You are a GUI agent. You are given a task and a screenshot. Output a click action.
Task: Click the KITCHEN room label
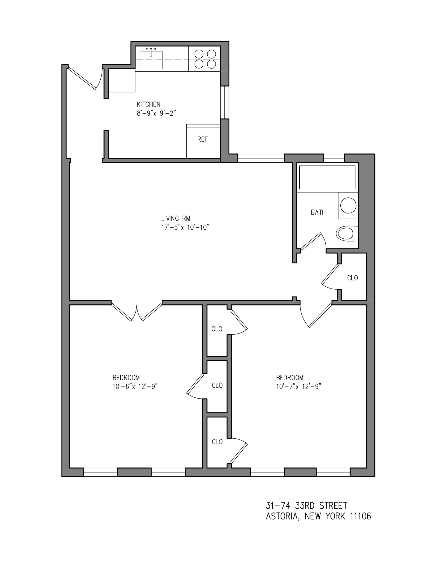pos(148,104)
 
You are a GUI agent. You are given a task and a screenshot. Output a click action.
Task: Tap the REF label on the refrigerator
pos(202,139)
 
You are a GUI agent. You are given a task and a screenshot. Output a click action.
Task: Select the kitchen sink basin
pos(151,60)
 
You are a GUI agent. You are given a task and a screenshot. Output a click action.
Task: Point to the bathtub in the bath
pos(327,177)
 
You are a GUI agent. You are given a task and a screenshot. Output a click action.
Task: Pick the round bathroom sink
pos(348,206)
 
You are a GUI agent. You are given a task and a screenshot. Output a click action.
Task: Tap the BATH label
pos(318,212)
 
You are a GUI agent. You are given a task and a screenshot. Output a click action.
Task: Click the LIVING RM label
pos(176,218)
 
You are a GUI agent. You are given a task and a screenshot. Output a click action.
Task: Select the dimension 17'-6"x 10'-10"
pos(185,228)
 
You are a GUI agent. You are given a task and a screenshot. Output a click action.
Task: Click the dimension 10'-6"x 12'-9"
pos(135,387)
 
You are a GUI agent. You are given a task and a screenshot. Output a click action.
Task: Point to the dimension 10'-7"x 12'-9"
pos(299,387)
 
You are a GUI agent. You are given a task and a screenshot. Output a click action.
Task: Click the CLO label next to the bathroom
pos(352,278)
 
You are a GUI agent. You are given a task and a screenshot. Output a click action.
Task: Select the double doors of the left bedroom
pos(137,312)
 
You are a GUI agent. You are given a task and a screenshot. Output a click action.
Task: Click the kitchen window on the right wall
pos(225,102)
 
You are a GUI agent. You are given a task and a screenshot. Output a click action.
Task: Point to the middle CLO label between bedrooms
pos(217,385)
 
